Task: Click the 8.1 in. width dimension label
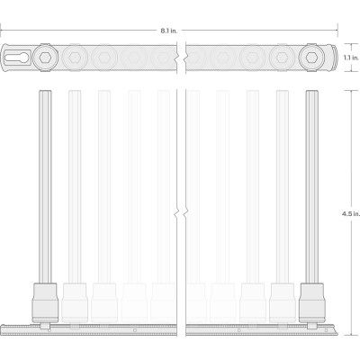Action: [x=168, y=31]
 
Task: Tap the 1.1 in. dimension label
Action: [x=351, y=58]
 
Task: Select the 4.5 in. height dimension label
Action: [x=351, y=214]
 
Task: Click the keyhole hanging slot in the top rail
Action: [x=17, y=58]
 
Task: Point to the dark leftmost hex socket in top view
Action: [x=45, y=57]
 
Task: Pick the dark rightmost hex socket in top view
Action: [x=312, y=57]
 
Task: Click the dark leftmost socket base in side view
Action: [x=45, y=302]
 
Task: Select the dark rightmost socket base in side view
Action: [x=312, y=302]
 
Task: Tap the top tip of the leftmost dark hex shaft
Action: [x=45, y=91]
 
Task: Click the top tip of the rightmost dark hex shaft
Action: [x=312, y=91]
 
